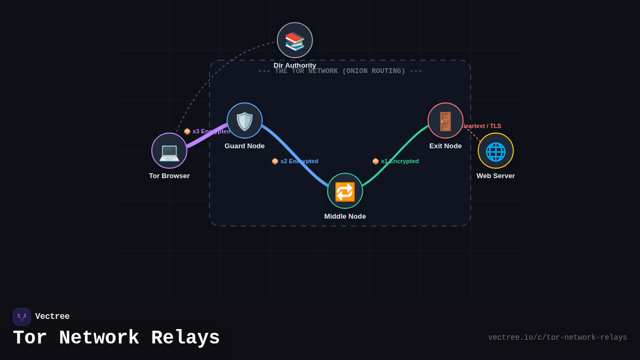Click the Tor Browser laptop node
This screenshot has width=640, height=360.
169,150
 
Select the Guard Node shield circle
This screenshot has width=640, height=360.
245,121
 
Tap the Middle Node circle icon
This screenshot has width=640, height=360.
345,191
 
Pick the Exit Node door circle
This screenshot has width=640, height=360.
445,121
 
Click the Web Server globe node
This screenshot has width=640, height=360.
495,150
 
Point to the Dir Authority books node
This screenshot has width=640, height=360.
295,40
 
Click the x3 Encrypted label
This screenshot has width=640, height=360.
207,131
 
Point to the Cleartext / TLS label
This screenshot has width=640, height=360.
482,126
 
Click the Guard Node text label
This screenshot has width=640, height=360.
245,146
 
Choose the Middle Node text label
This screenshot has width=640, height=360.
345,217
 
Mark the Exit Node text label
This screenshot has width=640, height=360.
445,146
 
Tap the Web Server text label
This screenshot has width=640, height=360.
495,176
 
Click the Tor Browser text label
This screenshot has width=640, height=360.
169,176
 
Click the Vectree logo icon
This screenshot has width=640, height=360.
22,317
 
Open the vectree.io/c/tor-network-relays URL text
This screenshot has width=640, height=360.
557,338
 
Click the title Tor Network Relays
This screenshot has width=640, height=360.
116,338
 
